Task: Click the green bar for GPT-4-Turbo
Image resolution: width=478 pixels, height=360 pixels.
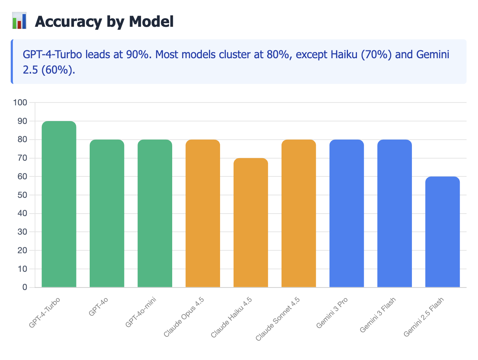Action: [x=59, y=204]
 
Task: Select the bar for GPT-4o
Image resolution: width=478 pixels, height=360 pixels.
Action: [x=107, y=214]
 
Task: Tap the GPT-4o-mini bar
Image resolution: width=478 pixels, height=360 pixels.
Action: [x=155, y=214]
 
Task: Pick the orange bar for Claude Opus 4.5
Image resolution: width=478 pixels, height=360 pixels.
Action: [x=203, y=214]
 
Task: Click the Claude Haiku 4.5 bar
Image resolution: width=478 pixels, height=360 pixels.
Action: [x=250, y=223]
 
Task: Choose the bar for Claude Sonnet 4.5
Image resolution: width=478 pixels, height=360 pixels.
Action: [x=299, y=214]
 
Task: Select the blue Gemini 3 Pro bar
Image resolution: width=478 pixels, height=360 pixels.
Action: [x=347, y=214]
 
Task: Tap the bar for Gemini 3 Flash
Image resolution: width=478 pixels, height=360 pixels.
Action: [x=394, y=214]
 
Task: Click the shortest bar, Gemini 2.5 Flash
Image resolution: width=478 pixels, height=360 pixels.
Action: [x=442, y=232]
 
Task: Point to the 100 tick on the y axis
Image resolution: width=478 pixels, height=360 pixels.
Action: [x=20, y=103]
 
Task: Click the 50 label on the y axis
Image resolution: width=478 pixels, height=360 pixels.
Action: [x=22, y=195]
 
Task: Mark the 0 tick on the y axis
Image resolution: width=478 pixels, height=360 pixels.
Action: [x=25, y=287]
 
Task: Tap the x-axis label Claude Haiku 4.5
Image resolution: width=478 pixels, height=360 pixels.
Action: [x=232, y=317]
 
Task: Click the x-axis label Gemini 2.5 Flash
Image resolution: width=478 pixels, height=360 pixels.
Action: [x=424, y=317]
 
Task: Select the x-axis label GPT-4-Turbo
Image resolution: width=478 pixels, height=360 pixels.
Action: [x=45, y=312]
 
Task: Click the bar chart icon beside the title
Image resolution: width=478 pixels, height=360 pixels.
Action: [x=19, y=21]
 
